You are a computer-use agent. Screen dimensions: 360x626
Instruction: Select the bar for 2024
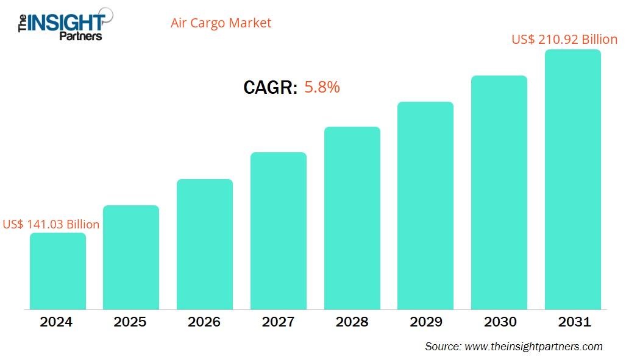pyautogui.click(x=57, y=271)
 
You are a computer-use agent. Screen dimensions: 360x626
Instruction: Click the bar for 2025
pyautogui.click(x=131, y=257)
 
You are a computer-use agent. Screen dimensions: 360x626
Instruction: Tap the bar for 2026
pyautogui.click(x=205, y=244)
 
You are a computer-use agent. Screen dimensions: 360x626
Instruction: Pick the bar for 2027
pyautogui.click(x=279, y=231)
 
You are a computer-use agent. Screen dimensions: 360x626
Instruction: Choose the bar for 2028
pyautogui.click(x=352, y=218)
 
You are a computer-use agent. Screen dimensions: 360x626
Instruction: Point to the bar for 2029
pyautogui.click(x=425, y=205)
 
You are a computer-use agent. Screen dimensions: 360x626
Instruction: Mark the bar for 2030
pyautogui.click(x=499, y=192)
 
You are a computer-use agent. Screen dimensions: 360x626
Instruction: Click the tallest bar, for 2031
pyautogui.click(x=573, y=180)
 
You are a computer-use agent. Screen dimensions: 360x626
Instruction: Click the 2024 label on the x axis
pyautogui.click(x=57, y=322)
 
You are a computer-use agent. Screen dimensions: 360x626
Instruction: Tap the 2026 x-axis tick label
pyautogui.click(x=204, y=322)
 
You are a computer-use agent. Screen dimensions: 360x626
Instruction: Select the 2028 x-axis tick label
pyautogui.click(x=352, y=322)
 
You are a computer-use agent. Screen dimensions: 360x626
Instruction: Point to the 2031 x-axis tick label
pyautogui.click(x=573, y=322)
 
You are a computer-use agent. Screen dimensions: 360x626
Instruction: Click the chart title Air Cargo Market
pyautogui.click(x=222, y=23)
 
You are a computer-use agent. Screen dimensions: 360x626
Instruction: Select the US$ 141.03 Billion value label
pyautogui.click(x=51, y=224)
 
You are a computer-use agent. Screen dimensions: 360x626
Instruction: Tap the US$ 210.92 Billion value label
pyautogui.click(x=564, y=40)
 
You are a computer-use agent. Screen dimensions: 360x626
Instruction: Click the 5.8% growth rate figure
pyautogui.click(x=322, y=87)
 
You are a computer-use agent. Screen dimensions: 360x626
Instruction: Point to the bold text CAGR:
pyautogui.click(x=270, y=88)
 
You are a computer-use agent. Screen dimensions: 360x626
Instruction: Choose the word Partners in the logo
pyautogui.click(x=80, y=36)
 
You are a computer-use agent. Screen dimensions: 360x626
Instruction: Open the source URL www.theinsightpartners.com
pyautogui.click(x=533, y=346)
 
